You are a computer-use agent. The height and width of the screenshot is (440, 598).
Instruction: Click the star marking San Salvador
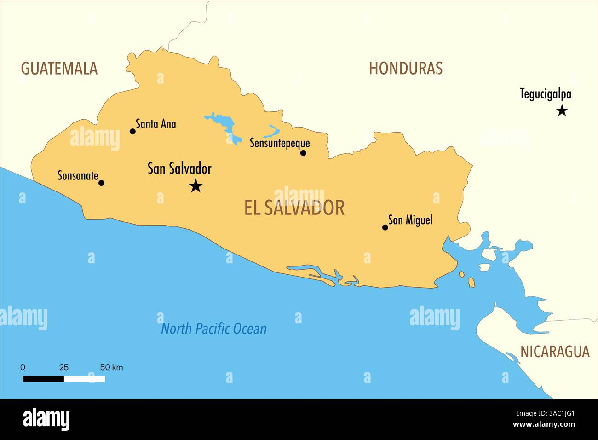pos(196,186)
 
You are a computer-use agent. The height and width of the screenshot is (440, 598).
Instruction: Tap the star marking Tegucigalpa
pos(562,110)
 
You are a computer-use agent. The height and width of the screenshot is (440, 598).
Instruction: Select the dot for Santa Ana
pos(132,131)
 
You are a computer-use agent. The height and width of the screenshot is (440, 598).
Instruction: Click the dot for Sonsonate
pos(102,183)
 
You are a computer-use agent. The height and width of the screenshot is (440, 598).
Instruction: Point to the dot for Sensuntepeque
pos(303,153)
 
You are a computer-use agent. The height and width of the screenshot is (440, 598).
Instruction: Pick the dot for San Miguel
pos(385,227)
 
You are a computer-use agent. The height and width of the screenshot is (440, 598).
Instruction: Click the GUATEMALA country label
pos(59,69)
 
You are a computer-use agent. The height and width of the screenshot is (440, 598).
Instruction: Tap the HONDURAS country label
pos(405,69)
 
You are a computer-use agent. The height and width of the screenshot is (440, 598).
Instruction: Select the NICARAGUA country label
pos(555,352)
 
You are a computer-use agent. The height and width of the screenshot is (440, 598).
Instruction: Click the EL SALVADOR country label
pos(294,208)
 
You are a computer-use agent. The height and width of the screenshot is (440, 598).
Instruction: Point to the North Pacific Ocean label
pos(213,329)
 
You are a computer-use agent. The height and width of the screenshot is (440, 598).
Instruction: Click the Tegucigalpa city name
pos(545,94)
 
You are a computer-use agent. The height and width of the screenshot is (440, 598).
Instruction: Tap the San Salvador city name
pos(179,168)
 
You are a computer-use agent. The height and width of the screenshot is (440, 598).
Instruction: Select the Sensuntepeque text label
pos(280,143)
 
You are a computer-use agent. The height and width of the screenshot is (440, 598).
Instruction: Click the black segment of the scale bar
pos(43,379)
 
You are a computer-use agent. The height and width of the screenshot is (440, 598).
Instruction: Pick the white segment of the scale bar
pos(84,379)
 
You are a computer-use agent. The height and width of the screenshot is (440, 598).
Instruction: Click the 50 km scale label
pos(111,367)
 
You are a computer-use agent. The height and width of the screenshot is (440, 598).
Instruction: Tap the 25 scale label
pos(64,367)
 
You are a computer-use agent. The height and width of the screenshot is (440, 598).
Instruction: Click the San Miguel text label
pos(410,220)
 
